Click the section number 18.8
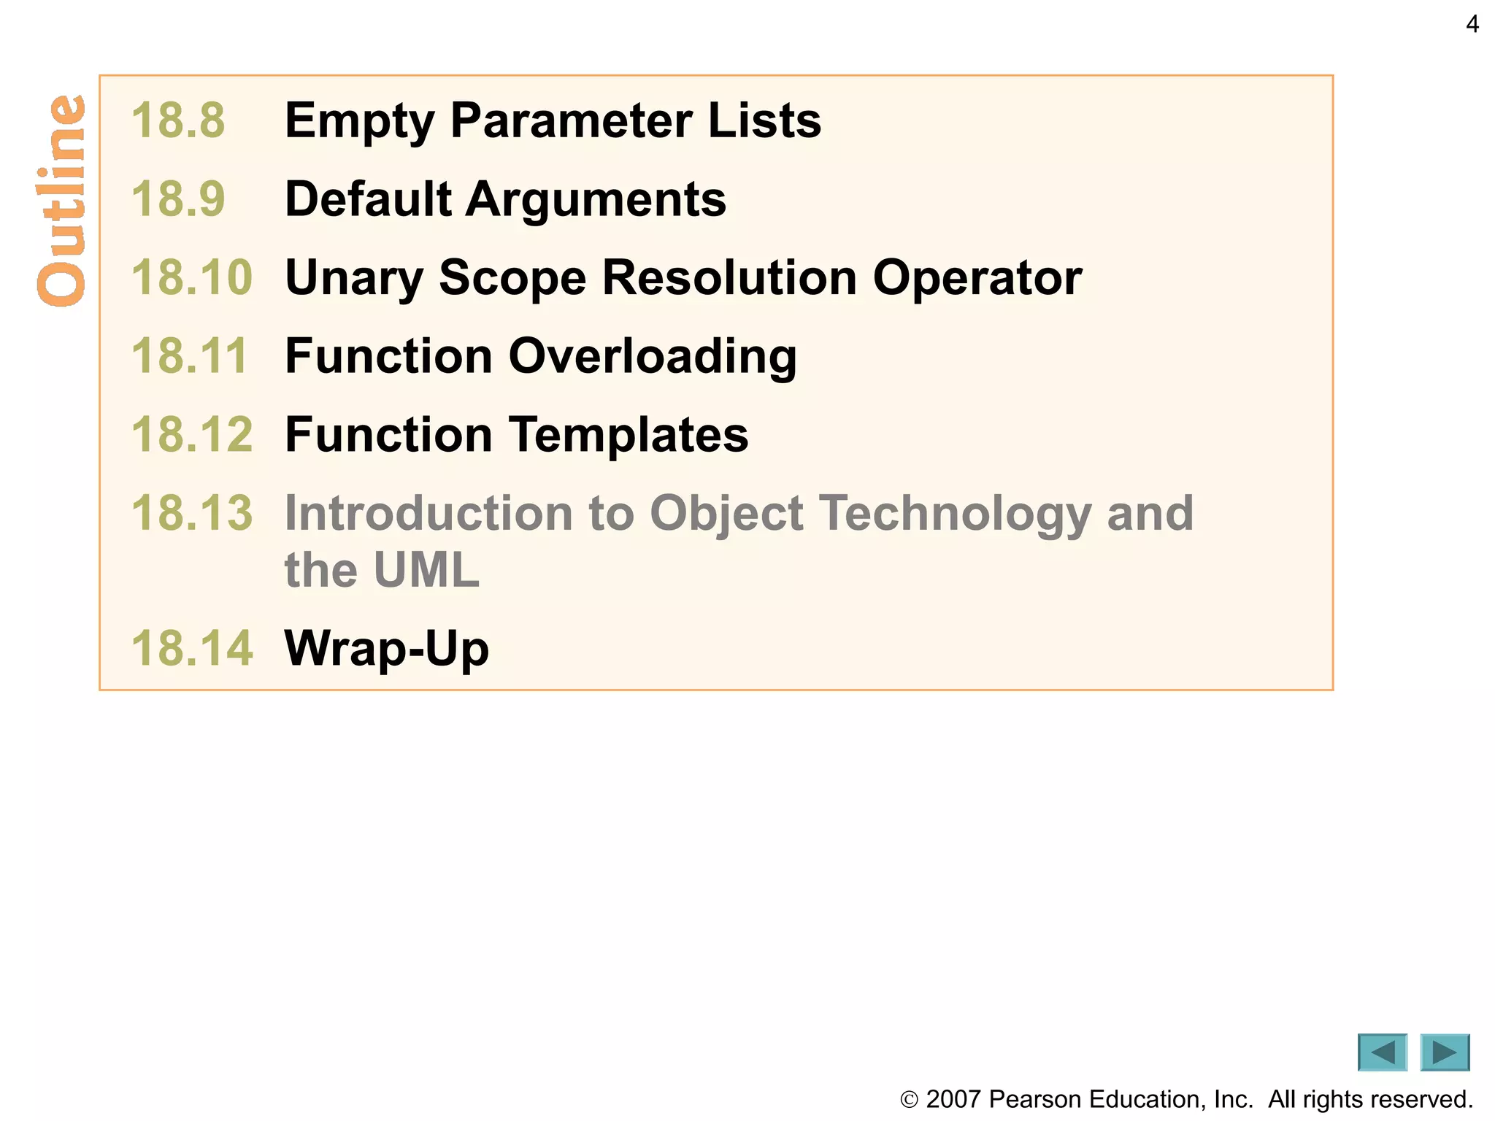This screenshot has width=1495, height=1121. tap(178, 120)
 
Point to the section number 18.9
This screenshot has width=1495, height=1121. tap(178, 199)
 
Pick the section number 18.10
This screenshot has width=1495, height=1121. tap(191, 278)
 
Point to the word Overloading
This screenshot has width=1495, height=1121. tap(652, 358)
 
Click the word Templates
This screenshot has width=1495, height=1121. tap(628, 436)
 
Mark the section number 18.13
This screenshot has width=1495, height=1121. tap(191, 513)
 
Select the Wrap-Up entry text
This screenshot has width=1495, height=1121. tap(386, 649)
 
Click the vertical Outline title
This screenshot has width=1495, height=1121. tap(61, 201)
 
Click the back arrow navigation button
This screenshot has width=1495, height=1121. tap(1382, 1052)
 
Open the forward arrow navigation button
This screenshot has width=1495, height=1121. tap(1445, 1052)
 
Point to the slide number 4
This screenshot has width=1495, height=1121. tap(1472, 25)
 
